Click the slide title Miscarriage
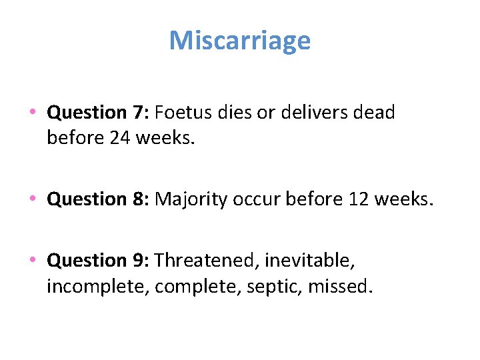(240, 41)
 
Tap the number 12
(360, 199)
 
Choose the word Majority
(189, 199)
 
